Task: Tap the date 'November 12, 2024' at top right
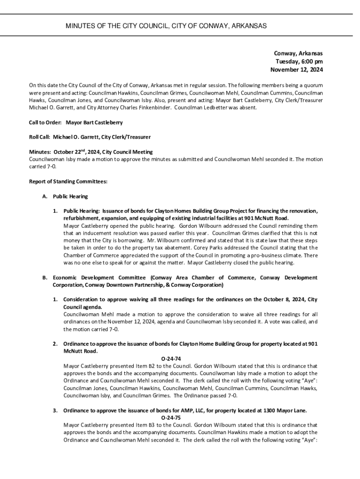click(x=296, y=70)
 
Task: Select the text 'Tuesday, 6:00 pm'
click(x=299, y=62)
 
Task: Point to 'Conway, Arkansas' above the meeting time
click(x=298, y=53)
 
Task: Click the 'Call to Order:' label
click(x=43, y=123)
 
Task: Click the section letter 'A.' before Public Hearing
click(x=45, y=196)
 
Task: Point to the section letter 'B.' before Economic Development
click(x=45, y=277)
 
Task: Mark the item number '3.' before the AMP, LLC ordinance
click(x=55, y=411)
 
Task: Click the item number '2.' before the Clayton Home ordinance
click(x=55, y=344)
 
